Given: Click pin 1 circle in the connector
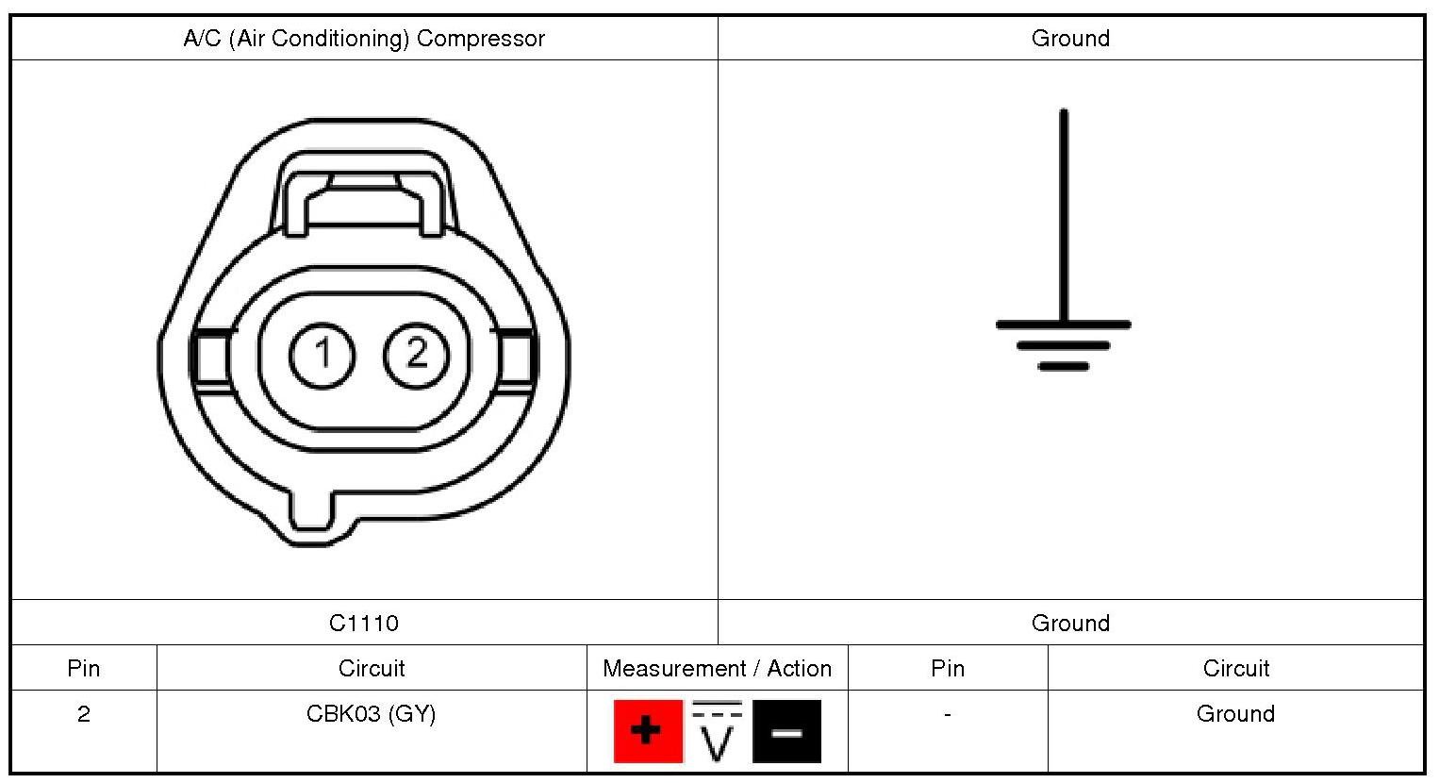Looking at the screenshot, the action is point(323,355).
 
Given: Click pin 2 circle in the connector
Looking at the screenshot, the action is point(417,355).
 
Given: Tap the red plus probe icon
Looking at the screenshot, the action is point(647,731).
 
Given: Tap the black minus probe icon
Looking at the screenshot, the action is point(787,731).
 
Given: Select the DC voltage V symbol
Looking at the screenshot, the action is point(718,731).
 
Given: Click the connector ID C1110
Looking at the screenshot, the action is point(364,623).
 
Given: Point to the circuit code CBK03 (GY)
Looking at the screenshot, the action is point(372,714).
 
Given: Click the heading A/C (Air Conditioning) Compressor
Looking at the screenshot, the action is point(364,39).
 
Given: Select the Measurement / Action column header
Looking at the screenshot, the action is point(717,669).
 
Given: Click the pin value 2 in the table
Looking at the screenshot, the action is point(84,714).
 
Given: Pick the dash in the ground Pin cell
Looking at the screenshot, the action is point(947,714).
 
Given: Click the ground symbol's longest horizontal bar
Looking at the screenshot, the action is point(1064,325).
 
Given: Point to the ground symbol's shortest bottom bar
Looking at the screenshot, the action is point(1064,366).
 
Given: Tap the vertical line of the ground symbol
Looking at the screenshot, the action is point(1064,217).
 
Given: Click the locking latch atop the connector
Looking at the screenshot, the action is point(364,193).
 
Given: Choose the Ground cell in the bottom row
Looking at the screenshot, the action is point(1235,714).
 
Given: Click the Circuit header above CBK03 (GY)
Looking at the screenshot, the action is point(372,669).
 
